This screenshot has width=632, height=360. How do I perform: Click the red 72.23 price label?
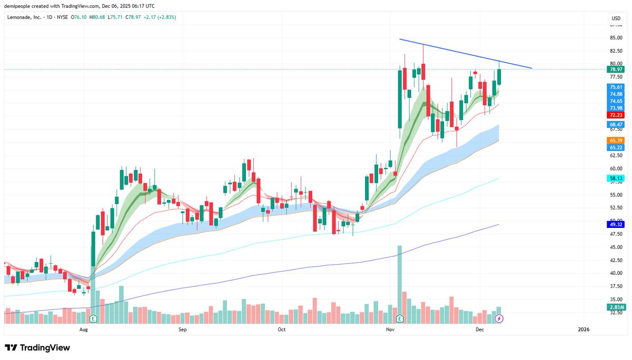[x=616, y=115]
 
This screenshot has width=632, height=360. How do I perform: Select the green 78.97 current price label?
[x=616, y=69]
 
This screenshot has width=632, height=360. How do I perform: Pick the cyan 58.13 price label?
[x=616, y=179]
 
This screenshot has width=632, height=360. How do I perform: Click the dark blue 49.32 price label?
[x=616, y=225]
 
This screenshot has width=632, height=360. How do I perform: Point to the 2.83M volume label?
[x=616, y=307]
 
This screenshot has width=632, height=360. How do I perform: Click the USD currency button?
[x=615, y=18]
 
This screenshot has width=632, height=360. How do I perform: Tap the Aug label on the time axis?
[x=83, y=329]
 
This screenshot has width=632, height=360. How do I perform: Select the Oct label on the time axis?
[x=281, y=329]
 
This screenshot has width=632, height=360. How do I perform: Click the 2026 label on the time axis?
[x=583, y=329]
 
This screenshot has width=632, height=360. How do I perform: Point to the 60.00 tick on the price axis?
[x=616, y=168]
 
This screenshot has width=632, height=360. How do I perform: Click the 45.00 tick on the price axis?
[x=616, y=247]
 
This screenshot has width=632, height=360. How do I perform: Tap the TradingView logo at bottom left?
[x=37, y=348]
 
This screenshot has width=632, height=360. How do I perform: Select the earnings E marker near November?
[x=399, y=318]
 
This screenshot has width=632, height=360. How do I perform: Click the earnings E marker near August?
[x=93, y=318]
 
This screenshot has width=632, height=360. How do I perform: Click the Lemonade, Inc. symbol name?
[x=26, y=17]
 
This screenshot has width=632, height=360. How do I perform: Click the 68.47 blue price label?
[x=616, y=124]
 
